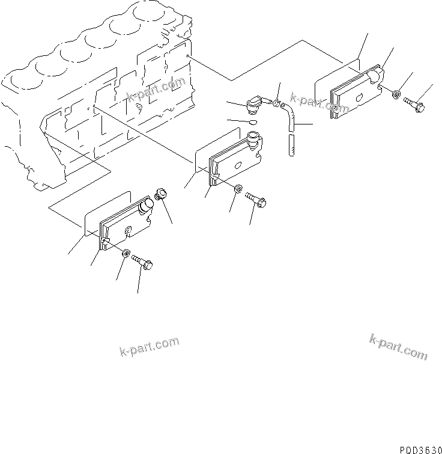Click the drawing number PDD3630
pyautogui.click(x=414, y=449)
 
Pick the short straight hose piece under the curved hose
pyautogui.click(x=291, y=146)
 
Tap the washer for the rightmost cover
pyautogui.click(x=396, y=94)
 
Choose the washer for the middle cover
pyautogui.click(x=238, y=189)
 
